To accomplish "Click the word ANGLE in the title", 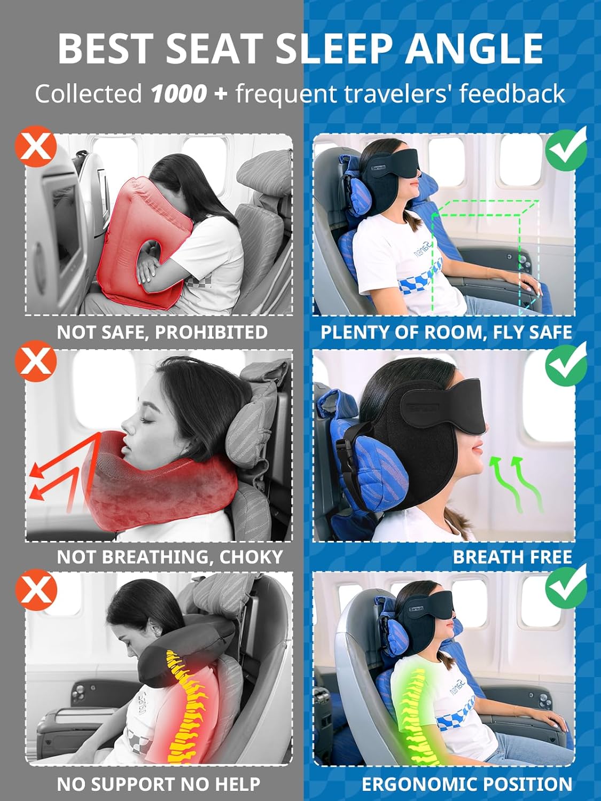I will [x=473, y=49].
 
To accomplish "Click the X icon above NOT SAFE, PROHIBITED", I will [x=36, y=147].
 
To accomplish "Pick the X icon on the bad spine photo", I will [x=36, y=589].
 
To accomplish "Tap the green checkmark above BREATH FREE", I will [x=566, y=363].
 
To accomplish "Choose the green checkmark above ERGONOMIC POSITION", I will [x=566, y=587].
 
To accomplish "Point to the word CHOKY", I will [x=251, y=557].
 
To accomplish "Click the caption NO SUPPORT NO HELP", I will [x=159, y=784].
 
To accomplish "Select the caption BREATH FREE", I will [x=512, y=557].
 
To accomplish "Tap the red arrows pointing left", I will [x=53, y=475].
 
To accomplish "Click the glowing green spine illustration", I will [x=414, y=710].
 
